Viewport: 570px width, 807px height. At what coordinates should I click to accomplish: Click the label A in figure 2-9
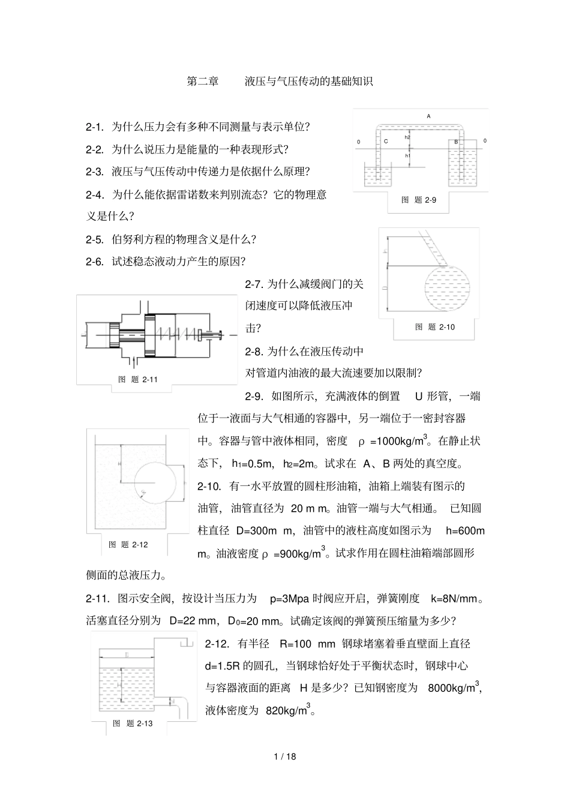428,116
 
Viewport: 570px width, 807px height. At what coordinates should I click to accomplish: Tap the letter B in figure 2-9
456,142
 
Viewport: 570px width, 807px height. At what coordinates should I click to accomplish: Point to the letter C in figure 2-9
386,142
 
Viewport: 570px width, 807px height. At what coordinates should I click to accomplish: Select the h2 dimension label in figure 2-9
407,137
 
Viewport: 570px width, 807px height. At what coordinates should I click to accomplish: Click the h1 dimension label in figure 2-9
407,155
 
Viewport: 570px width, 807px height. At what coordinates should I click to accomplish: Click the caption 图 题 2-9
419,200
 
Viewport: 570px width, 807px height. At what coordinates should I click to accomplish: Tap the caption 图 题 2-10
435,327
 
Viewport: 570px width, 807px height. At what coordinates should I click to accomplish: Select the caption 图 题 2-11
138,379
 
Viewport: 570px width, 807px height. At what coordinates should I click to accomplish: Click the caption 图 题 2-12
128,544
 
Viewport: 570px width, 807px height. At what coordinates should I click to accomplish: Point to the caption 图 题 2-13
133,723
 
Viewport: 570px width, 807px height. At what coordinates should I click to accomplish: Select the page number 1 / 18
284,756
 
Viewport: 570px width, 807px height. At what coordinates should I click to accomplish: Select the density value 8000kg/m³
455,688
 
